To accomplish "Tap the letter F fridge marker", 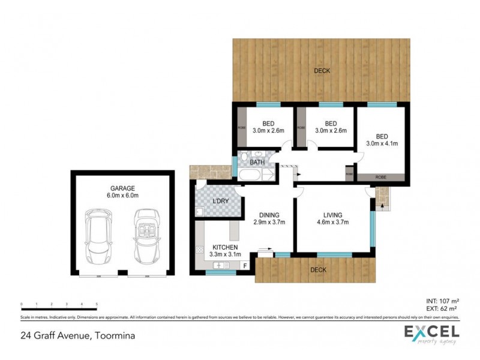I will click(245, 265).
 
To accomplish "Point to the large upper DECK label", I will click(322, 71).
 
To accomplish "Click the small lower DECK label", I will click(318, 270).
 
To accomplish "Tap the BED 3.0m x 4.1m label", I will click(383, 140).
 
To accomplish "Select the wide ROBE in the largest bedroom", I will click(381, 178).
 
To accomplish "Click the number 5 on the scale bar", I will click(97, 305).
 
